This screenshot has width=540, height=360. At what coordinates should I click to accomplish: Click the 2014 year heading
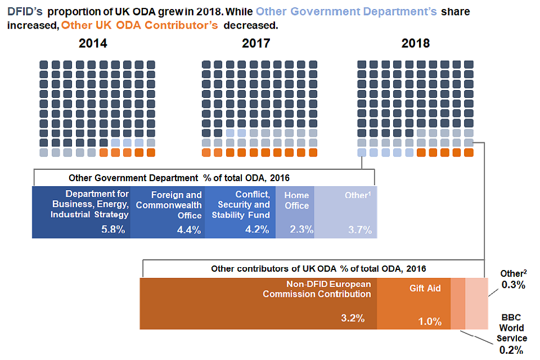click(93, 43)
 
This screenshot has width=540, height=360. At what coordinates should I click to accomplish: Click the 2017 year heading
click(256, 43)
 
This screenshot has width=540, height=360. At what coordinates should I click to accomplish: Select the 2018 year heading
click(415, 43)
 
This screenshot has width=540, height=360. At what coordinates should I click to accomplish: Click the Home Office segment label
click(296, 200)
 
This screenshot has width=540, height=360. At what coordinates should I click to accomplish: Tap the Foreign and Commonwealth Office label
click(169, 205)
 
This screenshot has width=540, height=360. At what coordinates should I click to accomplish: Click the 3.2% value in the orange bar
click(353, 318)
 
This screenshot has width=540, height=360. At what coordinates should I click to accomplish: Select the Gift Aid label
click(425, 288)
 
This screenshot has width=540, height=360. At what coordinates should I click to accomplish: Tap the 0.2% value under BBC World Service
click(511, 350)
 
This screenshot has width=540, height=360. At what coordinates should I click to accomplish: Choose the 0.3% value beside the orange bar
click(514, 285)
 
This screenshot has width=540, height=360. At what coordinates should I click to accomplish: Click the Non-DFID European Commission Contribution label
click(317, 289)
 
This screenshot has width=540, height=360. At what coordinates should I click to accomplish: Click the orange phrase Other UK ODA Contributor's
click(139, 25)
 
